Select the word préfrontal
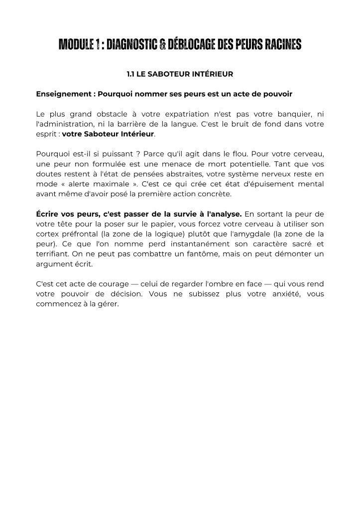(x=80, y=234)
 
